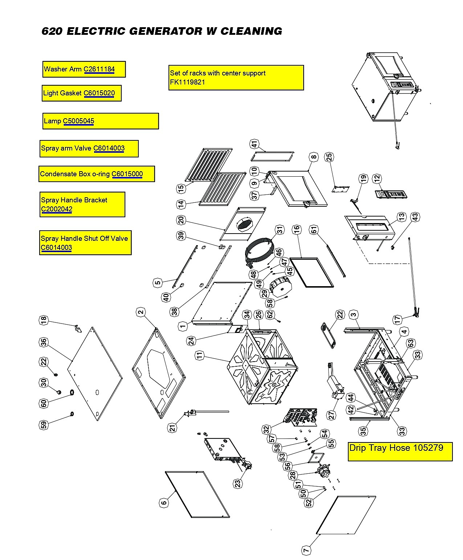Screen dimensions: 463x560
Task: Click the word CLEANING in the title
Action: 251,31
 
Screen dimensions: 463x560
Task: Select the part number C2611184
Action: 99,69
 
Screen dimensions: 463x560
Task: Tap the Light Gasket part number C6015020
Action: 99,93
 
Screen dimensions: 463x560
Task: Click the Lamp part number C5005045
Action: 78,121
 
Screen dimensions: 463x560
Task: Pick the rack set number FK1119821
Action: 187,82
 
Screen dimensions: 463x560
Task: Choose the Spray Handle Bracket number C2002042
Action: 56,209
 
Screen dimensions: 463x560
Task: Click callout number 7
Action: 306,551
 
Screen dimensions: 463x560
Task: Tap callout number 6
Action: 164,502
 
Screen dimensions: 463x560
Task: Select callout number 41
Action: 254,144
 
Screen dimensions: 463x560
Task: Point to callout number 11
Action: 199,356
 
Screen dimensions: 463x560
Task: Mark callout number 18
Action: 44,320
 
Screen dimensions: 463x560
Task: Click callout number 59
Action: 44,425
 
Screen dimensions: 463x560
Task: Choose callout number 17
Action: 397,320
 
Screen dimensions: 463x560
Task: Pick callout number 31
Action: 280,230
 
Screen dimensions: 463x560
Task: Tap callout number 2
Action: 141,312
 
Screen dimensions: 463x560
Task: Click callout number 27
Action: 332,415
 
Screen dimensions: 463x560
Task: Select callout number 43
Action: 415,217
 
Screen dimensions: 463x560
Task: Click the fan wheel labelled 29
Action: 280,287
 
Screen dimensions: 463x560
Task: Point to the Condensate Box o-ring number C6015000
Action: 127,174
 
